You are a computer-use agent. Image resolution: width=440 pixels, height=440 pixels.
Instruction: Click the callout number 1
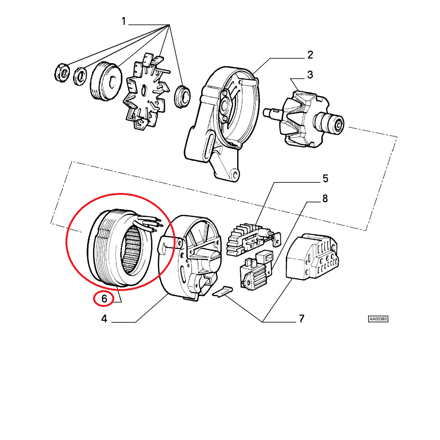click(x=124, y=21)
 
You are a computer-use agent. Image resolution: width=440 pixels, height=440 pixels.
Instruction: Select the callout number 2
click(x=310, y=55)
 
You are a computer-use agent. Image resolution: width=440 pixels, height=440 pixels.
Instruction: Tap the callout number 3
click(x=310, y=75)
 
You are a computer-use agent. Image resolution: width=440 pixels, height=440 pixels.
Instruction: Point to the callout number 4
click(x=104, y=319)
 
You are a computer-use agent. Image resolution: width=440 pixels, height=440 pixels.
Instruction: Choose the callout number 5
click(x=325, y=179)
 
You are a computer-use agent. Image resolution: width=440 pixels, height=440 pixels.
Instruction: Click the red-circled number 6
click(x=104, y=299)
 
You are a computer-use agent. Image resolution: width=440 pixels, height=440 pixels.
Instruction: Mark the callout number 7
click(x=302, y=319)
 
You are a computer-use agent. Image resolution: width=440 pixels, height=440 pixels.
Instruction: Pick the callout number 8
click(x=325, y=199)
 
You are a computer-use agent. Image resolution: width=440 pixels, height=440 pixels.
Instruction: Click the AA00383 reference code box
click(x=378, y=319)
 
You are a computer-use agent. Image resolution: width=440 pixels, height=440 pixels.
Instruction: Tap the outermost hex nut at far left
click(x=62, y=73)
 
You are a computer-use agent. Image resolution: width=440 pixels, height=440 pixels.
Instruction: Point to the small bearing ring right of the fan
click(x=183, y=96)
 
